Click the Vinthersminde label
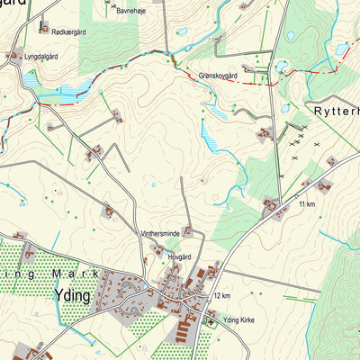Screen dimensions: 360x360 pyautogui.click(x=159, y=233)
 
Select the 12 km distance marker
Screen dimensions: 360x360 pyautogui.click(x=223, y=295)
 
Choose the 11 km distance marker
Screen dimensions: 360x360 pyautogui.click(x=307, y=206)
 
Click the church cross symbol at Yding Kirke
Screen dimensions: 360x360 pyautogui.click(x=211, y=319)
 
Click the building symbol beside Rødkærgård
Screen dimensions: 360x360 pyautogui.click(x=43, y=28)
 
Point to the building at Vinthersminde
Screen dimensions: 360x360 pyautogui.click(x=188, y=232)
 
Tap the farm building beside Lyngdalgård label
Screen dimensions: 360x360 pyautogui.click(x=14, y=56)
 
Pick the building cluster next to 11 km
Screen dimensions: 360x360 pyautogui.click(x=270, y=207)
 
